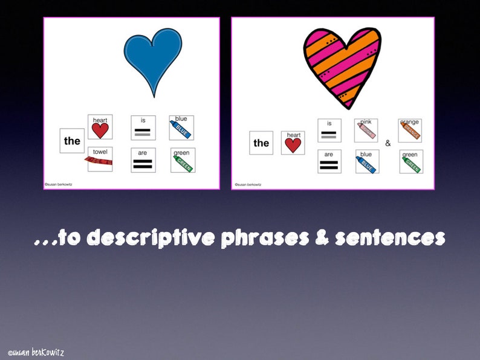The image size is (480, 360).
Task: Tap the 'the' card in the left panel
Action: point(72,141)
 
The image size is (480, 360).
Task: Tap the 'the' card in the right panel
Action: point(261,143)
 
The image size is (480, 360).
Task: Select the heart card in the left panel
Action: point(100,127)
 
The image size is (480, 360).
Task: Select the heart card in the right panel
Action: point(293,143)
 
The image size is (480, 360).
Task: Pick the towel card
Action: point(100,159)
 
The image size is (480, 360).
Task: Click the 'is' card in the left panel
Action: point(143,127)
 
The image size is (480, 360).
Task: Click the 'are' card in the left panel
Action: point(143,160)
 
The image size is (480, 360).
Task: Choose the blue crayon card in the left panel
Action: point(182,127)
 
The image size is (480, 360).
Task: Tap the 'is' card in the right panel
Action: point(329,130)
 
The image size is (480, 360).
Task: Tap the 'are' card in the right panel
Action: point(329,161)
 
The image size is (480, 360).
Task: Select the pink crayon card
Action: point(366,130)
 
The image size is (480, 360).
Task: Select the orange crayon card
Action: point(410,130)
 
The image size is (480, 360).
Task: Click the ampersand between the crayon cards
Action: point(388,144)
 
